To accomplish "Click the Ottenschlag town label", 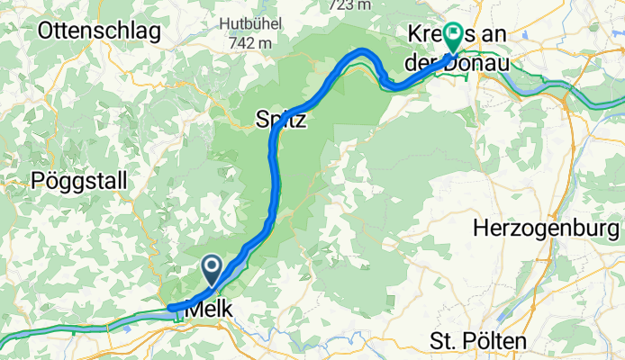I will pyautogui.click(x=99, y=31).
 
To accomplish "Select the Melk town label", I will pyautogui.click(x=209, y=310).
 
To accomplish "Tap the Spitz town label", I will pyautogui.click(x=282, y=120).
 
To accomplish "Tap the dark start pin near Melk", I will pyautogui.click(x=212, y=268).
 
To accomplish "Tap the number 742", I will pyautogui.click(x=239, y=42).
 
